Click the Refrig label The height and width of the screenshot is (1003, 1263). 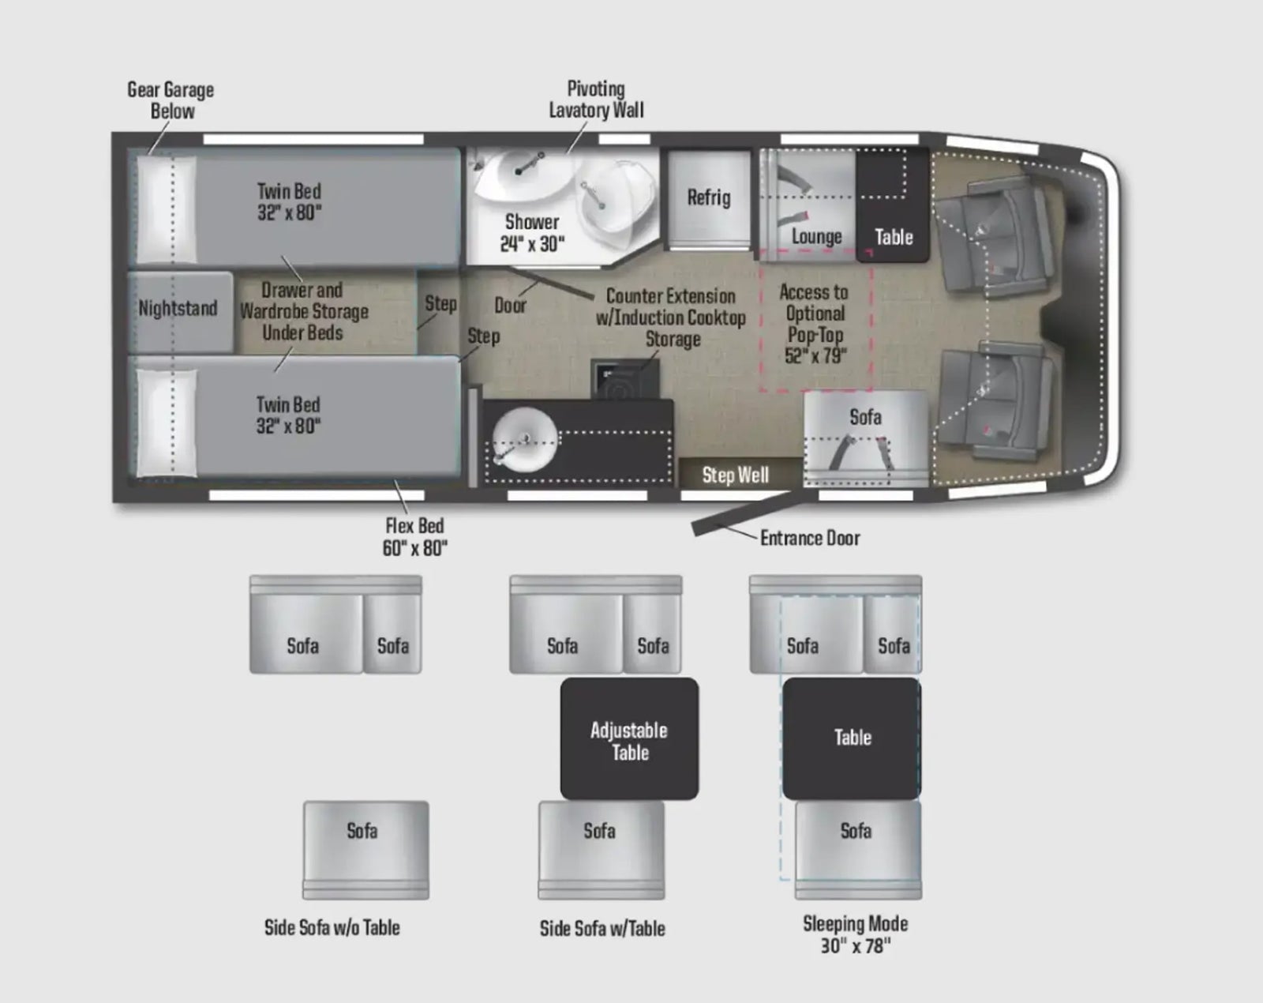pos(709,197)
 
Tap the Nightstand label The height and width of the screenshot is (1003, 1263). pos(178,308)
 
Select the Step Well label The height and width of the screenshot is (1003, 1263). pos(736,475)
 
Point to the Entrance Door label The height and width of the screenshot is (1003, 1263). pos(810,538)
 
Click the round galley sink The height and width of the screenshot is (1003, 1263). pos(523,438)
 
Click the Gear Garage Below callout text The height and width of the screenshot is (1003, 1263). pos(171,100)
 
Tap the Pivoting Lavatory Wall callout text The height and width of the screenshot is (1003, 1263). pos(596,100)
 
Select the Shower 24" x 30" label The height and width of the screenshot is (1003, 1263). pos(532,232)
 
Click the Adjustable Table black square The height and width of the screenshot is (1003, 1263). pos(630,738)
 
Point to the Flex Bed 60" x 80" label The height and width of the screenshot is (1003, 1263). pos(415,536)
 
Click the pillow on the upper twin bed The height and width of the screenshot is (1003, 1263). pos(166,209)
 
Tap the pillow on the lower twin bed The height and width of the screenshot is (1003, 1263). pos(167,423)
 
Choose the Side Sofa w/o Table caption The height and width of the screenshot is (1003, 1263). pos(332,928)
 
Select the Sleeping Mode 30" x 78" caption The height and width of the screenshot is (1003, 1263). pos(856,935)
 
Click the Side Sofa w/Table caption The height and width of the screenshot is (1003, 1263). pos(603,929)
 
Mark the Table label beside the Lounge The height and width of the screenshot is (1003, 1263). pos(894,237)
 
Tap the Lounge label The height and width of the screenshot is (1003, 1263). pos(816,236)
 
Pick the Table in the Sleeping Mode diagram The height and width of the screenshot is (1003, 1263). pos(853,738)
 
